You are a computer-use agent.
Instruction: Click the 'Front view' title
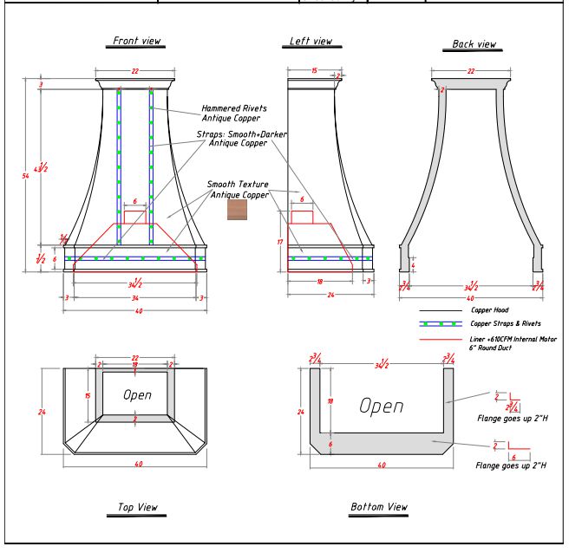coord(138,41)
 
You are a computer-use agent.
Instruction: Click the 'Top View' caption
coord(138,506)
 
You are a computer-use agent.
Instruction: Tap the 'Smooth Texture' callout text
coord(237,184)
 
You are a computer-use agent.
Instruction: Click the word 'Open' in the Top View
coord(137,394)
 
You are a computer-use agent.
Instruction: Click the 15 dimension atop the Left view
coord(313,70)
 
